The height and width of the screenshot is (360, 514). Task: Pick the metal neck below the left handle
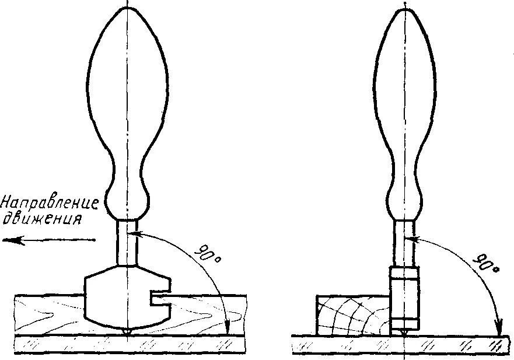(x=127, y=242)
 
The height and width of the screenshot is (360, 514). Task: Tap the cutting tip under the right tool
(x=404, y=332)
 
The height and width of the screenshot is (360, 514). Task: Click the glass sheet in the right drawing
(x=455, y=344)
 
